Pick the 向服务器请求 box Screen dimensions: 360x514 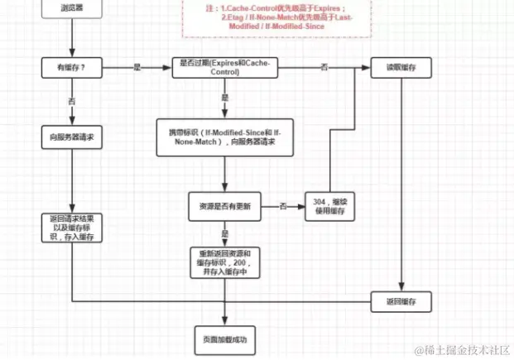coord(72,137)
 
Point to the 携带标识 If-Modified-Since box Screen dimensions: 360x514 coord(226,137)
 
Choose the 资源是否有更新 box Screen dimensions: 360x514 coord(226,204)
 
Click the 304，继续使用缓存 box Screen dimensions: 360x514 coord(330,205)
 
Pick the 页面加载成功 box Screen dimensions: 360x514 coord(226,339)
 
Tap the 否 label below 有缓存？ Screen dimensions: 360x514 coord(72,100)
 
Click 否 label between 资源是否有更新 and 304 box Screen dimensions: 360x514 coord(283,204)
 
